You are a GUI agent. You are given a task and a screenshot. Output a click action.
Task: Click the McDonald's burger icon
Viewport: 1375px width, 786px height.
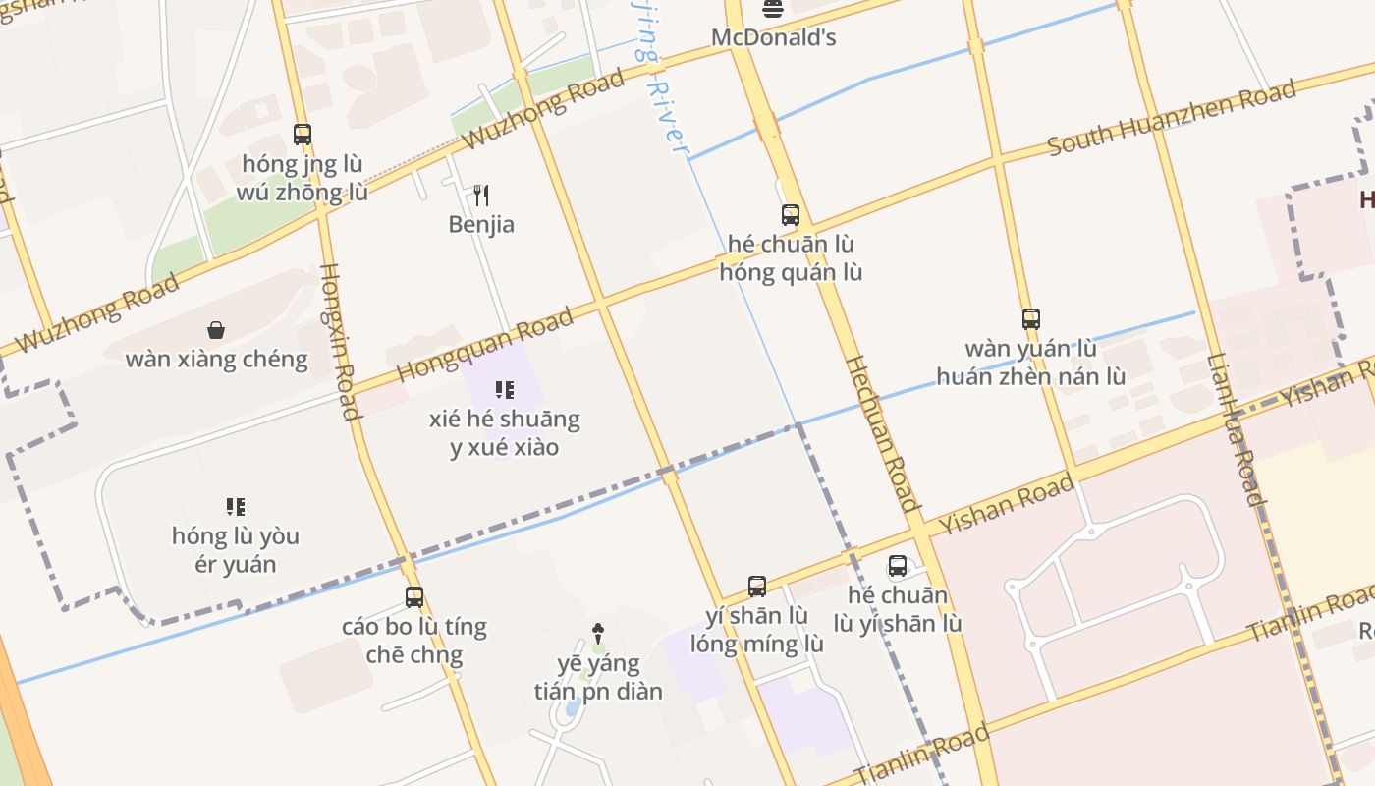773,10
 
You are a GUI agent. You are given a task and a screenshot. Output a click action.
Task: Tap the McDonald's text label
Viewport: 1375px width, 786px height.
773,37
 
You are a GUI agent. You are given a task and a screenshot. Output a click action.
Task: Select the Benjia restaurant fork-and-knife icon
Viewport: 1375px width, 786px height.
481,196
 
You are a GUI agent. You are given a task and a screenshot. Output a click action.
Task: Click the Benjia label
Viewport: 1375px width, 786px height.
481,224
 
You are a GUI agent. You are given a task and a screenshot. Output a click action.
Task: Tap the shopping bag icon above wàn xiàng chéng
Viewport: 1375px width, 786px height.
216,330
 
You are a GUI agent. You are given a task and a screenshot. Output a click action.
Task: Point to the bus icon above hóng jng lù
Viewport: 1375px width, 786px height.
302,135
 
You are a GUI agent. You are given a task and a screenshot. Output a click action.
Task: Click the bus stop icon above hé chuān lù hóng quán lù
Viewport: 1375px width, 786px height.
791,215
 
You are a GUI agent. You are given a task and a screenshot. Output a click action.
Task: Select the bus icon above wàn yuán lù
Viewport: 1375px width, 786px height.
1030,319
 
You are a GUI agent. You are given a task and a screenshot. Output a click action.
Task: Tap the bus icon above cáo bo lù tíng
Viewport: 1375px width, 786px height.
414,596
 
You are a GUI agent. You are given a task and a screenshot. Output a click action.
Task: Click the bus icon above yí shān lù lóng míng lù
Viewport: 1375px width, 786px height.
757,587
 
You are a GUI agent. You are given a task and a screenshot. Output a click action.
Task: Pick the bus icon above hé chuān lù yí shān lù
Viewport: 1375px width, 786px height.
898,566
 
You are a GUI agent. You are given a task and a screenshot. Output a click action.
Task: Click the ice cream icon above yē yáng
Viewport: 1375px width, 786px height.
598,634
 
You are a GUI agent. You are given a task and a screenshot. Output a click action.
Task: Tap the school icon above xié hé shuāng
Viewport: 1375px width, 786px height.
505,390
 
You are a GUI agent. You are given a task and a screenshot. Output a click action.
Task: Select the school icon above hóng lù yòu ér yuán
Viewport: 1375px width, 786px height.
236,507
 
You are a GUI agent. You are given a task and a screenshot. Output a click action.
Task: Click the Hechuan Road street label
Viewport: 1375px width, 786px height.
882,433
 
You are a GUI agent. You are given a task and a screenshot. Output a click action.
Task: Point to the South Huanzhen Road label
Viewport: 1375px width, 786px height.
1172,120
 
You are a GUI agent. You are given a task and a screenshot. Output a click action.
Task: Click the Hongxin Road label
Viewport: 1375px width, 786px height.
340,341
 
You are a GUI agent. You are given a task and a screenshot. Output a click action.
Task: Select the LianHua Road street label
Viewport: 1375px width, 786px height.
1235,429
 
